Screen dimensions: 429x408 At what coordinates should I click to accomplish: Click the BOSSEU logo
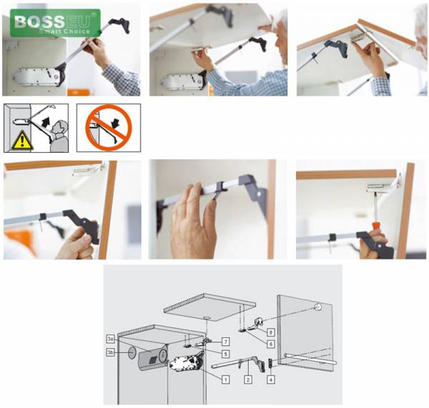(x=55, y=23)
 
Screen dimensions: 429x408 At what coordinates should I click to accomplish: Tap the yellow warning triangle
(x=22, y=140)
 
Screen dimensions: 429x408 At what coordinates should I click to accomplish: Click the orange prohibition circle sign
(x=109, y=128)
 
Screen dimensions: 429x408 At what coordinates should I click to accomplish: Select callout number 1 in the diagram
(x=225, y=379)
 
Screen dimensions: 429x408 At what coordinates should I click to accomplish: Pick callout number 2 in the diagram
(x=248, y=379)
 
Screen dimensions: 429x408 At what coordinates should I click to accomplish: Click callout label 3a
(x=111, y=339)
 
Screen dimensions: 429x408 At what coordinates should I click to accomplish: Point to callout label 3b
(x=111, y=352)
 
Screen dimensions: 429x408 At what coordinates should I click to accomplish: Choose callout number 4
(x=270, y=379)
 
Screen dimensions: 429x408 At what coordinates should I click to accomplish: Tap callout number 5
(x=225, y=354)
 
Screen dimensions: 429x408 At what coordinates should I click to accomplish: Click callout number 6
(x=270, y=344)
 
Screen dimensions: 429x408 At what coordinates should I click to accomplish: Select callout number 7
(x=225, y=342)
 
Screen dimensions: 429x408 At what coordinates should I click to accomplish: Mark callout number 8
(x=270, y=332)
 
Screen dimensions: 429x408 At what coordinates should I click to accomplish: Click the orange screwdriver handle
(x=376, y=227)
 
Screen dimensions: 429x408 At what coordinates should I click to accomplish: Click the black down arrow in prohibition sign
(x=116, y=123)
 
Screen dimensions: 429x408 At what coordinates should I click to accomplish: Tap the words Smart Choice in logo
(x=64, y=31)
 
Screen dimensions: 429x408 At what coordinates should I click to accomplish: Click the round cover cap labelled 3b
(x=132, y=353)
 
